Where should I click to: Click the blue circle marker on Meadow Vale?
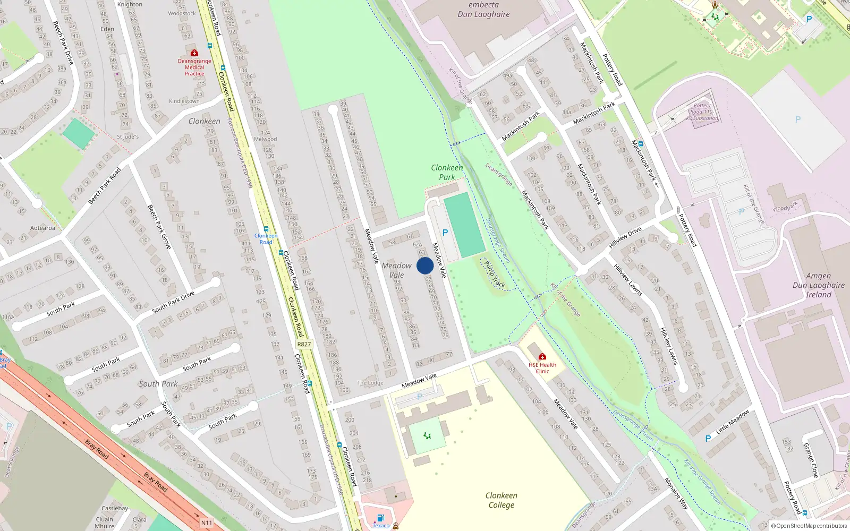425,265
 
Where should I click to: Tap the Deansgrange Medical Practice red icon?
194,53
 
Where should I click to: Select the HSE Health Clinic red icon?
542,356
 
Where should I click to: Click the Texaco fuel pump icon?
380,518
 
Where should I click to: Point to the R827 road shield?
304,344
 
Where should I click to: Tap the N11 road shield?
206,523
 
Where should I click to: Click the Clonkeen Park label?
447,172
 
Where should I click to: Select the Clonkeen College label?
501,500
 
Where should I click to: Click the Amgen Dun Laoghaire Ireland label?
818,285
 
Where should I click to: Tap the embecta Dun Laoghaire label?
483,10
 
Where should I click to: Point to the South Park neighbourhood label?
158,384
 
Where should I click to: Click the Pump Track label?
495,275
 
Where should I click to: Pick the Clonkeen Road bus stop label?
266,238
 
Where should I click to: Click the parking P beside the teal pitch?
445,233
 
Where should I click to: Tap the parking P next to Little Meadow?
708,439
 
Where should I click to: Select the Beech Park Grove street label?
159,227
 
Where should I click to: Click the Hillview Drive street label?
625,237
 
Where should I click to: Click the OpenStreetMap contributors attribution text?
809,526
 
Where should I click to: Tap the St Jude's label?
127,137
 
